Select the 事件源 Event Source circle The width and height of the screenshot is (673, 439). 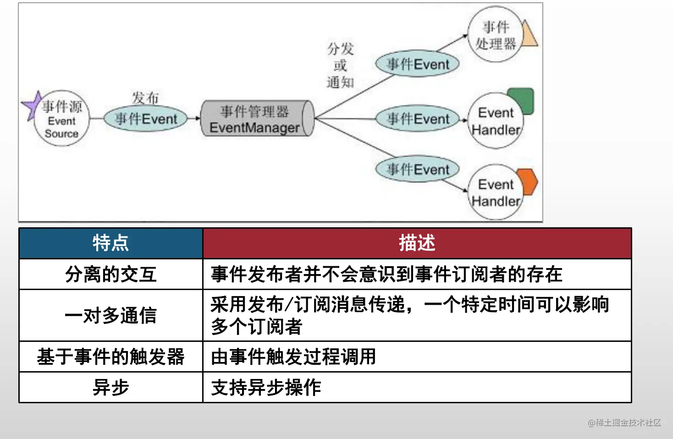point(61,119)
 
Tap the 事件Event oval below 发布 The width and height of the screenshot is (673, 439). point(145,119)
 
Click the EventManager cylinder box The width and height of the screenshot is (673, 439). point(257,119)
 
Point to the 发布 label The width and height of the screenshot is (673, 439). point(145,98)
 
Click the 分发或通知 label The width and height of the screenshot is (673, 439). point(340,66)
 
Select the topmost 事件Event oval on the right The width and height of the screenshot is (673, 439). point(417,64)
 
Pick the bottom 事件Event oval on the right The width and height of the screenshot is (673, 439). point(417,169)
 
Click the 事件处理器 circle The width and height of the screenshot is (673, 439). point(495,35)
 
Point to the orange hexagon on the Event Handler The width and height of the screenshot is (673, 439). point(527,181)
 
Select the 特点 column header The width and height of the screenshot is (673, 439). point(110,243)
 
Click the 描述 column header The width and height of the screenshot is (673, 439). point(417,243)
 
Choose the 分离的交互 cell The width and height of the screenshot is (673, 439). point(110,274)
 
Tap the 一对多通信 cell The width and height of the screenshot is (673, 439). point(110,315)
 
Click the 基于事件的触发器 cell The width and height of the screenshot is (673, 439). point(110,357)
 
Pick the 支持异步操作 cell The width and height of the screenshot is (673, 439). point(266,388)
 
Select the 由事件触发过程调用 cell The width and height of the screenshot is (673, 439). point(293,357)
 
